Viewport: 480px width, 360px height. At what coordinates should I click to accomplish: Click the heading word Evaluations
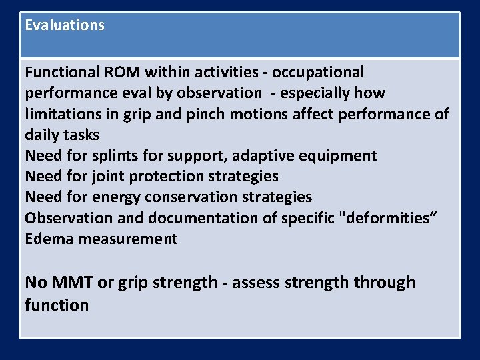point(65,25)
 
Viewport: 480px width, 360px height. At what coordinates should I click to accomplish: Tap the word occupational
point(318,72)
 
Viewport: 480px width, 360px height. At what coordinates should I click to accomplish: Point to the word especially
point(312,93)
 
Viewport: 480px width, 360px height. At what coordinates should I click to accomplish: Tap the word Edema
point(49,239)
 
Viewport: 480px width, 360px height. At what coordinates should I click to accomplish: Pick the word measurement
point(128,239)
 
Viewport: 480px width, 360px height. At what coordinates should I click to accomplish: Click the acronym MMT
point(71,283)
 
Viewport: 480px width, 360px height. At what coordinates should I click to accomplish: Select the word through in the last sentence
point(385,283)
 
